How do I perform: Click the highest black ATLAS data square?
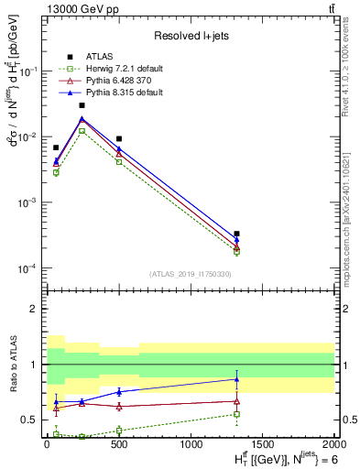82,105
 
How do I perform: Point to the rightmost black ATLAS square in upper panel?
236,234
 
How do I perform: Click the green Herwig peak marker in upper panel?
82,131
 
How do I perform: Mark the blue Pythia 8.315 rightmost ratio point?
236,379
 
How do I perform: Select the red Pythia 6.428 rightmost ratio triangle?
236,400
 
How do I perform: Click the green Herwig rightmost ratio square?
236,414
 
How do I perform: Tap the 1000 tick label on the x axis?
191,443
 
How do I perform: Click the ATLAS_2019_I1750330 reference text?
190,274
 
